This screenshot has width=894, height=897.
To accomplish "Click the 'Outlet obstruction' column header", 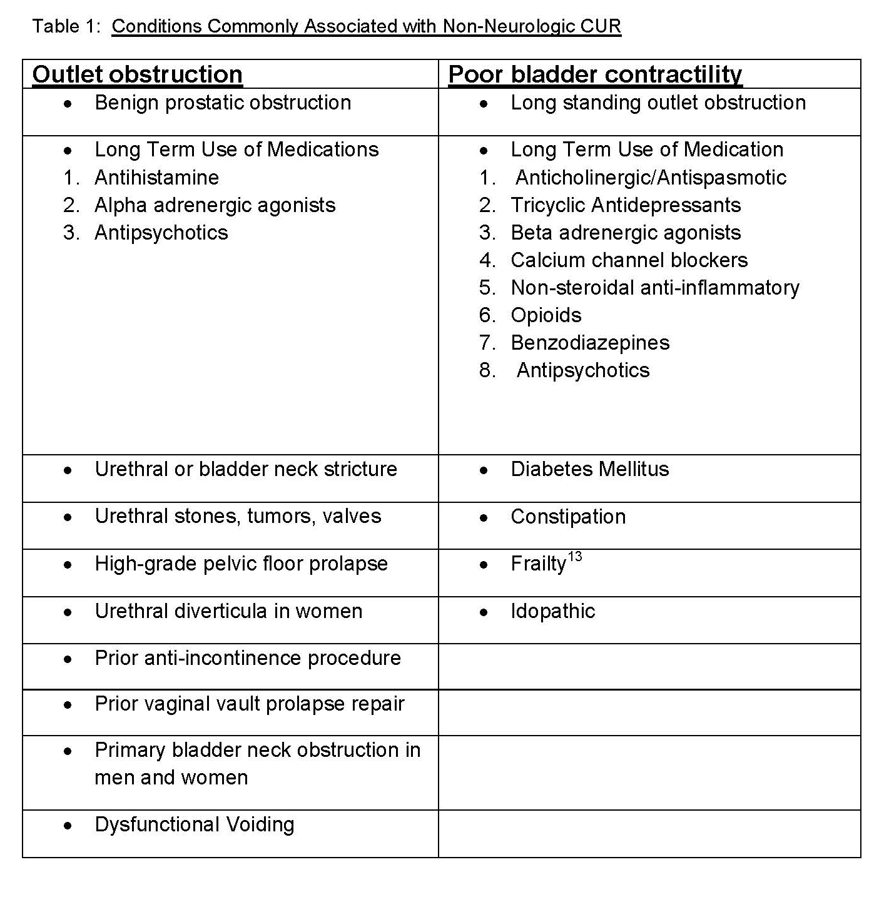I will point(137,74).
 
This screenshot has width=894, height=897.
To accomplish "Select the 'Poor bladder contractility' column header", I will point(595,74).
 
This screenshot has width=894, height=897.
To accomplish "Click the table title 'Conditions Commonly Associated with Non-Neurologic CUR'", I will point(366,26).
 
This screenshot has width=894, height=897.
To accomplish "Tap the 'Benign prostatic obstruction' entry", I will point(223,103).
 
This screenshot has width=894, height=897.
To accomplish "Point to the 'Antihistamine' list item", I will point(156,178).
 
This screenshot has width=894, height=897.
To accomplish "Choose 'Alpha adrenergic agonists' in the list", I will point(215,205).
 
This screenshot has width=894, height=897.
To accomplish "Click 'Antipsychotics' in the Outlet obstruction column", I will point(161,233).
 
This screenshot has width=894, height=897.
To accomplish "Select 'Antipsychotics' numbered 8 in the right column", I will point(582,370).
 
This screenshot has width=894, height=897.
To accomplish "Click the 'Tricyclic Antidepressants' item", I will point(626,205).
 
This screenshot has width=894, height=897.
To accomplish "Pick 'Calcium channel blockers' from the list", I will point(629,260).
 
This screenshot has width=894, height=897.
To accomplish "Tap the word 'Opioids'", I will point(546,315).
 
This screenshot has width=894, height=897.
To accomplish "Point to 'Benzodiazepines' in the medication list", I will point(590,343).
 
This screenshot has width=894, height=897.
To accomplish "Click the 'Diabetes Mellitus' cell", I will point(589,469).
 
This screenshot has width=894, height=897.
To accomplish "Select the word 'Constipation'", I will point(568,517).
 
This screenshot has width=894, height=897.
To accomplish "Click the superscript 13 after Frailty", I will point(575,557).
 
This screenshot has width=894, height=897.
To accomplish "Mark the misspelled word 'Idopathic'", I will point(552,611).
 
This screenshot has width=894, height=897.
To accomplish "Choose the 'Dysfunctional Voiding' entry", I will point(194,824).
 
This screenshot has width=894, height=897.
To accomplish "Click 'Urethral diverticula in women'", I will point(228,611).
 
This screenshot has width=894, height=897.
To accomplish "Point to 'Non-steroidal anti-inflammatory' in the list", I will point(655,288).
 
